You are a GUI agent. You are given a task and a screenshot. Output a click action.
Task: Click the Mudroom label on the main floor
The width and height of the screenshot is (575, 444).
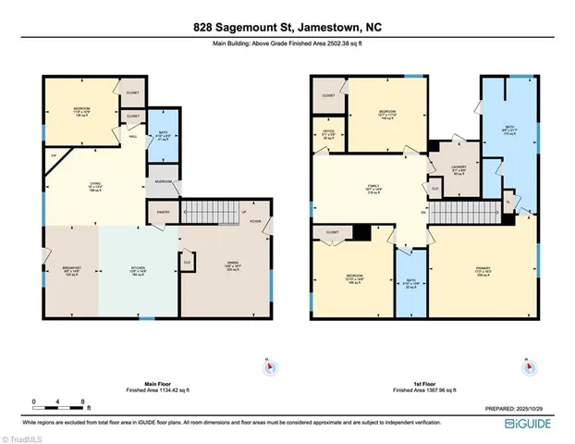click(163, 181)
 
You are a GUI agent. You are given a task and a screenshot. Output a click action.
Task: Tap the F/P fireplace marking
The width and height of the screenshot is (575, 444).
click(54, 155)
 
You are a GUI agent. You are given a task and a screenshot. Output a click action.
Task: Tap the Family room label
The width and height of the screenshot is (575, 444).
click(374, 189)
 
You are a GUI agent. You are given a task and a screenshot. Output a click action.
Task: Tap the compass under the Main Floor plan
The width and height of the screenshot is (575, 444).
click(268, 367)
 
